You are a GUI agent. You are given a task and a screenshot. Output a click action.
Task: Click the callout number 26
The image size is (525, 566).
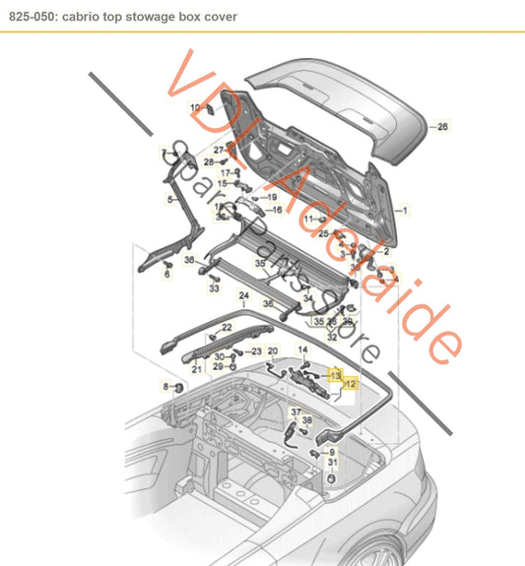(442, 127)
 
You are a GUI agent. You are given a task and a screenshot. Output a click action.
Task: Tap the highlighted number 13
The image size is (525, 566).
(335, 375)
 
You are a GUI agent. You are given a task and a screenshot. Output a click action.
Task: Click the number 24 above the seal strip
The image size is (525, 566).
(243, 294)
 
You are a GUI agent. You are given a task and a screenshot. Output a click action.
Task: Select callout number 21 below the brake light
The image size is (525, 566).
(196, 369)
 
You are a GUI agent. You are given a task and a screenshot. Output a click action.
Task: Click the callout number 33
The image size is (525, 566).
(214, 290)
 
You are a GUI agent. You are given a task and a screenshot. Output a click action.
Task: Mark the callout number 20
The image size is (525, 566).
(273, 350)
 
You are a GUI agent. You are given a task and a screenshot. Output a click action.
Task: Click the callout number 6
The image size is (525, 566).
(166, 275)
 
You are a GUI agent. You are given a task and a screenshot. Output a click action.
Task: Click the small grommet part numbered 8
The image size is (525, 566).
(180, 386)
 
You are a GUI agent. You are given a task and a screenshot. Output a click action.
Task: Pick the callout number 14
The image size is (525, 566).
(302, 350)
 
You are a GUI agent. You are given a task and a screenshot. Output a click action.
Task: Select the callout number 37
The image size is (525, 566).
(295, 411)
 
